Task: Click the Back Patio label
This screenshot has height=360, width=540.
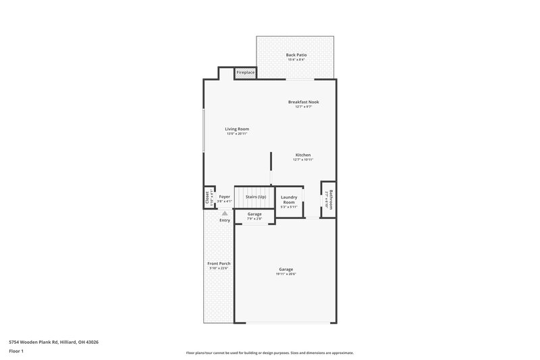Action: [x=295, y=55]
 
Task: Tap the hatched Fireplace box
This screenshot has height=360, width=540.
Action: [x=245, y=72]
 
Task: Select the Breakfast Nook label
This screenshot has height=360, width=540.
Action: [x=303, y=102]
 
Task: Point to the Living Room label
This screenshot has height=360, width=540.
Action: [x=237, y=129]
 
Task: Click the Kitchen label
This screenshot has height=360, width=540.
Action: [x=302, y=155]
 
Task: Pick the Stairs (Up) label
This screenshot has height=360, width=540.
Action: [x=255, y=197]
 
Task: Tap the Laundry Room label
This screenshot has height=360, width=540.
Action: [x=289, y=199]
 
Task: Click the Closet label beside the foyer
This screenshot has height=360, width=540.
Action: [x=207, y=197]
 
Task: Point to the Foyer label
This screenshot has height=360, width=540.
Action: [x=224, y=197]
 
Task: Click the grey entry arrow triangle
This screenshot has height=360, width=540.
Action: [x=225, y=213]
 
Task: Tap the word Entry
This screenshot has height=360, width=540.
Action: [x=225, y=220]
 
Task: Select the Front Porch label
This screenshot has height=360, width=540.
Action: [x=219, y=263]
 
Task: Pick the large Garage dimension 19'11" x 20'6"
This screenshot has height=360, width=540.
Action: [x=286, y=274]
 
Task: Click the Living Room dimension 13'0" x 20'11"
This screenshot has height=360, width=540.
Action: [x=237, y=134]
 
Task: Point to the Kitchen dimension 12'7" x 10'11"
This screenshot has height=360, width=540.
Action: [x=302, y=160]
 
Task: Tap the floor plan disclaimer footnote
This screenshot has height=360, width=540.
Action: [x=269, y=353]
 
